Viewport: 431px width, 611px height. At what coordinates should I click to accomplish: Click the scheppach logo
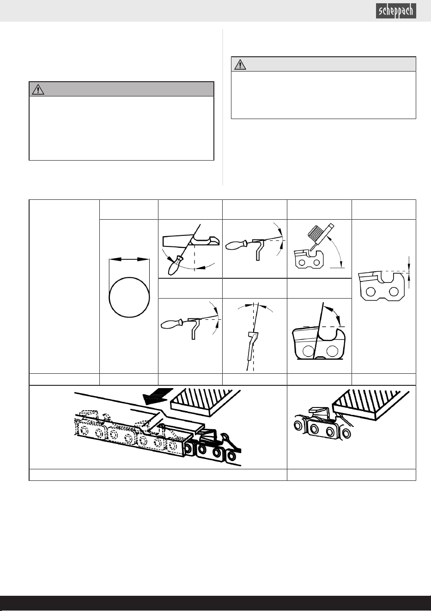(x=396, y=11)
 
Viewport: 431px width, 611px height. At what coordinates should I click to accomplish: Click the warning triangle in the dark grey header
(x=38, y=89)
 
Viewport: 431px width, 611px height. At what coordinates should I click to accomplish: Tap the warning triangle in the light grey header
(x=240, y=64)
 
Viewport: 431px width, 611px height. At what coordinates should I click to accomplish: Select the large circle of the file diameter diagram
(x=129, y=297)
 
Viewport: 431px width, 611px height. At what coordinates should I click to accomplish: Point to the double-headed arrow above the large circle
(x=129, y=259)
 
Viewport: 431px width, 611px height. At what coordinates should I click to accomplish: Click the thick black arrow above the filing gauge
(x=158, y=396)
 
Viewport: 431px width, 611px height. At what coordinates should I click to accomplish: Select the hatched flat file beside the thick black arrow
(x=206, y=402)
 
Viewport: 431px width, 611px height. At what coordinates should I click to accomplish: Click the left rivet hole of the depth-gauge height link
(x=370, y=292)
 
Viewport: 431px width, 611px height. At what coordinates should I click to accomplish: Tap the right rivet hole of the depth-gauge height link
(x=394, y=292)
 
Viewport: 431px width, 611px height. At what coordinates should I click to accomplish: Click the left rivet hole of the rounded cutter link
(x=309, y=351)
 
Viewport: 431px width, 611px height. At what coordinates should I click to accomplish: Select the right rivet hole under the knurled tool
(x=316, y=263)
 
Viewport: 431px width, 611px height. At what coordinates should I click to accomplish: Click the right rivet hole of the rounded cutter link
(x=332, y=351)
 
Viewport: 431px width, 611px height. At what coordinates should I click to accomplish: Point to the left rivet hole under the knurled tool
(x=302, y=263)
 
